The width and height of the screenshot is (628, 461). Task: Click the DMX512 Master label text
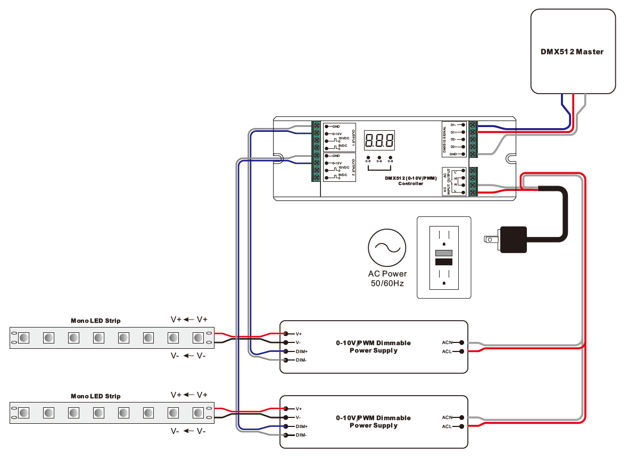[x=572, y=52]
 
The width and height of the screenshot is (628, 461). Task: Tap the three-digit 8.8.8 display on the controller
[x=379, y=141]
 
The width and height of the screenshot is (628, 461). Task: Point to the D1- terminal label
[x=453, y=124]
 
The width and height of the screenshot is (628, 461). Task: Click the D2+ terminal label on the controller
[x=453, y=146]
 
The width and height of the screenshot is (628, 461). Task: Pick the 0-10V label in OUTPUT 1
[x=336, y=133]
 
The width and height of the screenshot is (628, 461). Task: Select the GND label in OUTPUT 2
[x=336, y=156]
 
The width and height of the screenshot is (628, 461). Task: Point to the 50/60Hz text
[x=387, y=283]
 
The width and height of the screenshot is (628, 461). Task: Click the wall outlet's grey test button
[x=444, y=253]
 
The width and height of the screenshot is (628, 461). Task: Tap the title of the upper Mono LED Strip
[x=96, y=321]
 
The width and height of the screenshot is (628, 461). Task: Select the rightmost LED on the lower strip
[x=199, y=413]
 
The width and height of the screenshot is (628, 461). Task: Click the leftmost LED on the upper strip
[x=23, y=338]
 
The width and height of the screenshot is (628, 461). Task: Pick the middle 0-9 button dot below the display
[x=379, y=158]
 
